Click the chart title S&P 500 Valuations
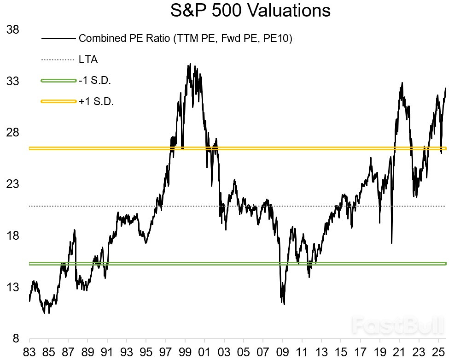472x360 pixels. [x=250, y=10]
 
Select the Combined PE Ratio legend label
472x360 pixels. [x=185, y=38]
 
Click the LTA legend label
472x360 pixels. [x=88, y=59]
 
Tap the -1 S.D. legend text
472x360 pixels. [x=95, y=80]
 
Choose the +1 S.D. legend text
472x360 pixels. [x=96, y=101]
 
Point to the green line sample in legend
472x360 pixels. [x=58, y=81]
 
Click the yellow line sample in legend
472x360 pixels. [x=58, y=101]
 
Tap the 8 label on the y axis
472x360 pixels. [x=15, y=339]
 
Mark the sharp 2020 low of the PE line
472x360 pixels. [x=391, y=242]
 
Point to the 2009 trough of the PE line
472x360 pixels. [x=284, y=304]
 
